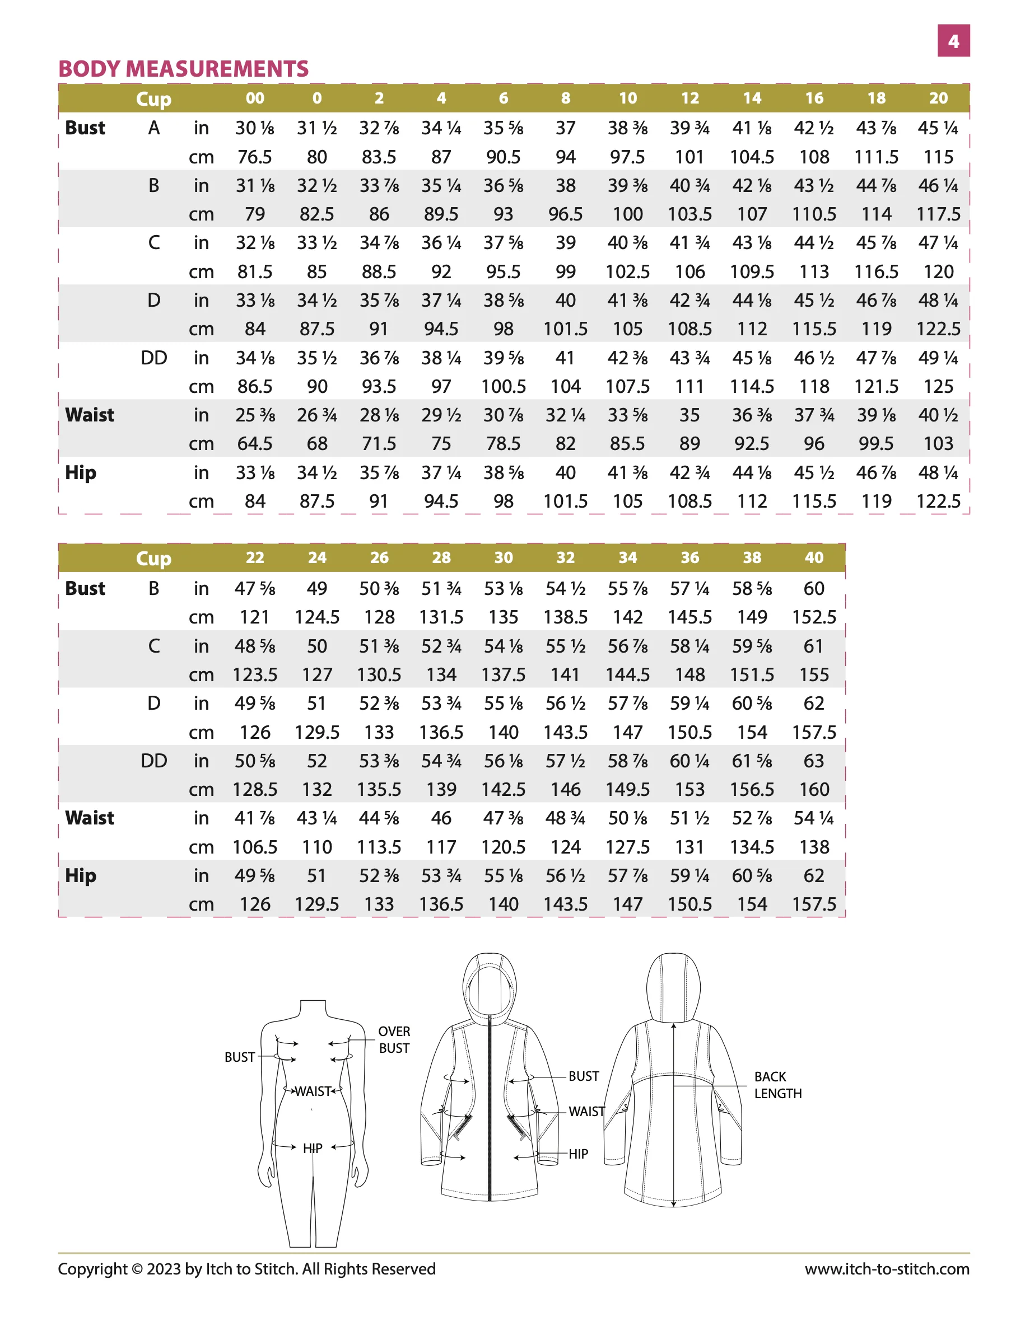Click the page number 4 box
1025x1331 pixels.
(x=953, y=41)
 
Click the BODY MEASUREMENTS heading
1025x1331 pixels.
(x=183, y=69)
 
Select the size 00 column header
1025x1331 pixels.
(x=255, y=98)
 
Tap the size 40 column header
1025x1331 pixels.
(x=813, y=557)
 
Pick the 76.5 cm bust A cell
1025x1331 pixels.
(x=255, y=157)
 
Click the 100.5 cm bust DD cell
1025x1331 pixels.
(x=503, y=386)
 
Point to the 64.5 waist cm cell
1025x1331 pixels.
(x=255, y=444)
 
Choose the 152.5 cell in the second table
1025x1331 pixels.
(x=813, y=617)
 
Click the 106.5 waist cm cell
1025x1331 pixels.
(x=255, y=847)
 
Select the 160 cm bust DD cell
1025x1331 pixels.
(x=813, y=790)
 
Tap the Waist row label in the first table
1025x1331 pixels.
(x=90, y=415)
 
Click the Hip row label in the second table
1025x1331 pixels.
(x=81, y=876)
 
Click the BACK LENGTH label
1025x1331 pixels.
(x=777, y=1085)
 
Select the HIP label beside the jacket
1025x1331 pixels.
(x=578, y=1154)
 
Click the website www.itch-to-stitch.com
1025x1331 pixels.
(x=887, y=1269)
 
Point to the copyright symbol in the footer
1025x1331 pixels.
(x=137, y=1269)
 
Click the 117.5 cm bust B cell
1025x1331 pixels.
(x=938, y=214)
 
